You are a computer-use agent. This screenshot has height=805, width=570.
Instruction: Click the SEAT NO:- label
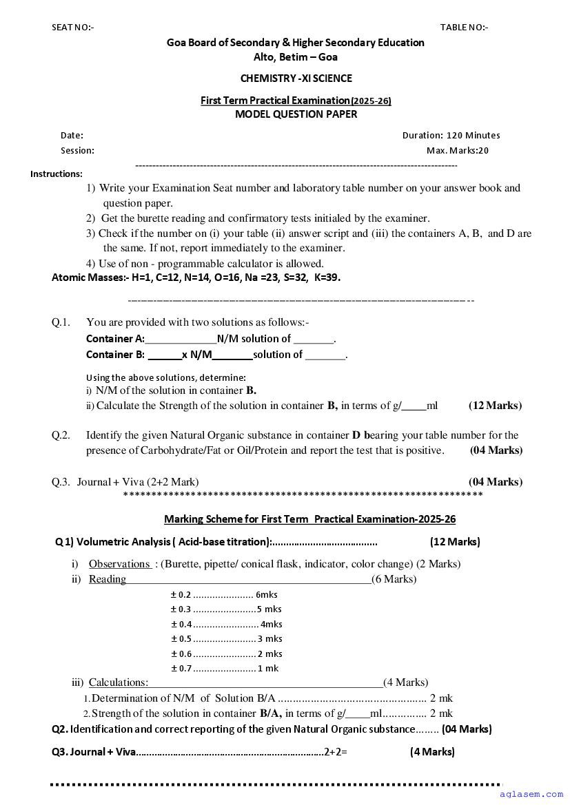[72, 28]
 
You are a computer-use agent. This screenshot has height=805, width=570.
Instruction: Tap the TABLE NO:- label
[464, 28]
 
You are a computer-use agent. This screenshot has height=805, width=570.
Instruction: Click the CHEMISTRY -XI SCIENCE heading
[296, 79]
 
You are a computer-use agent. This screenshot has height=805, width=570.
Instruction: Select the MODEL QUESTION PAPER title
[296, 114]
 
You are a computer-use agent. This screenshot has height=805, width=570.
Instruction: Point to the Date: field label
[72, 136]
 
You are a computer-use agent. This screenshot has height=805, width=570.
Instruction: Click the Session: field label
[77, 151]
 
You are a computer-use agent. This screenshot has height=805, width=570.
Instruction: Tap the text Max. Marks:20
[457, 151]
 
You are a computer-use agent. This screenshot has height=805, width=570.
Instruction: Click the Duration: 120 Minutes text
[451, 136]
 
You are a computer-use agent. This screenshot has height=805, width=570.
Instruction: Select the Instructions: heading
[56, 174]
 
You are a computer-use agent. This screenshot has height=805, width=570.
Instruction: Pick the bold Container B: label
[115, 355]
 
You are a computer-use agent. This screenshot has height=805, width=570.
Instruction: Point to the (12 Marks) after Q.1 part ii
[495, 406]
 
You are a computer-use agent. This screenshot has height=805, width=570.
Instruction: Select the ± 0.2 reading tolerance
[181, 595]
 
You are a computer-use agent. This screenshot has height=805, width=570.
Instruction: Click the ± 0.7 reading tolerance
[181, 669]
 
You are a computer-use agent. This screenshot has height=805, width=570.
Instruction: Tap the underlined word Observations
[120, 564]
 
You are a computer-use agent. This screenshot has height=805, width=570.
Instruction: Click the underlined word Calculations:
[119, 682]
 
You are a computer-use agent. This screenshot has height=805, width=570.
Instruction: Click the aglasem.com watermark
[538, 795]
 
